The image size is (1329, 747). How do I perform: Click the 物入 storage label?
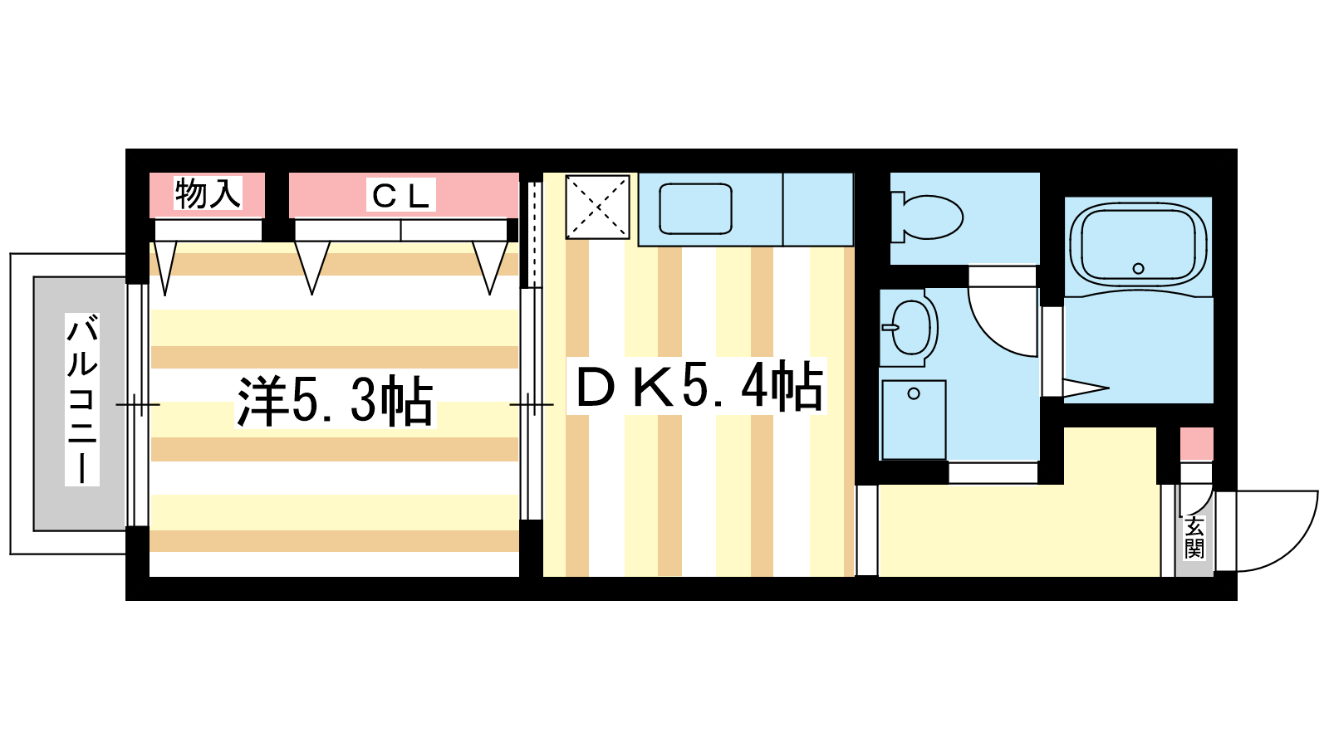[208, 194]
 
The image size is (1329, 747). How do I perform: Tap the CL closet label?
[401, 196]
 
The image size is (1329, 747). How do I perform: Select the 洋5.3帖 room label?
[335, 401]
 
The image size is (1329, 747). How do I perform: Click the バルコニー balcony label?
[82, 399]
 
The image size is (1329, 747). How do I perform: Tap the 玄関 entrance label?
[1194, 538]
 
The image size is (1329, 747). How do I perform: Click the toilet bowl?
[929, 217]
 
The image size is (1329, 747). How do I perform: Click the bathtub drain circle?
[1138, 268]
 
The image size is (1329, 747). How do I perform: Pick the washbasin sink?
[910, 327]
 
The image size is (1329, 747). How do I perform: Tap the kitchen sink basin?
[695, 208]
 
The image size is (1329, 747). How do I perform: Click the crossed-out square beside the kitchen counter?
[597, 206]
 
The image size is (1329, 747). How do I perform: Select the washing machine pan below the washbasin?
[914, 419]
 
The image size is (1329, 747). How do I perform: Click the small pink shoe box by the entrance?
[1196, 443]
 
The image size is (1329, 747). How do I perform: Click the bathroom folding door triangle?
[1084, 388]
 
